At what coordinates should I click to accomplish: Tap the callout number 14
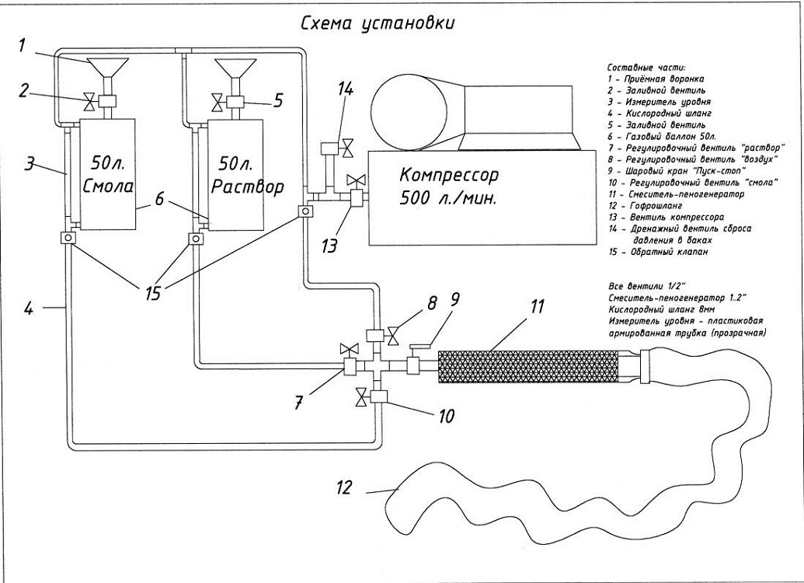pyautogui.click(x=345, y=89)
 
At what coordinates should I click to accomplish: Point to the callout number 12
pyautogui.click(x=344, y=488)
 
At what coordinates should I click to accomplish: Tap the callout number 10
pyautogui.click(x=447, y=416)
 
